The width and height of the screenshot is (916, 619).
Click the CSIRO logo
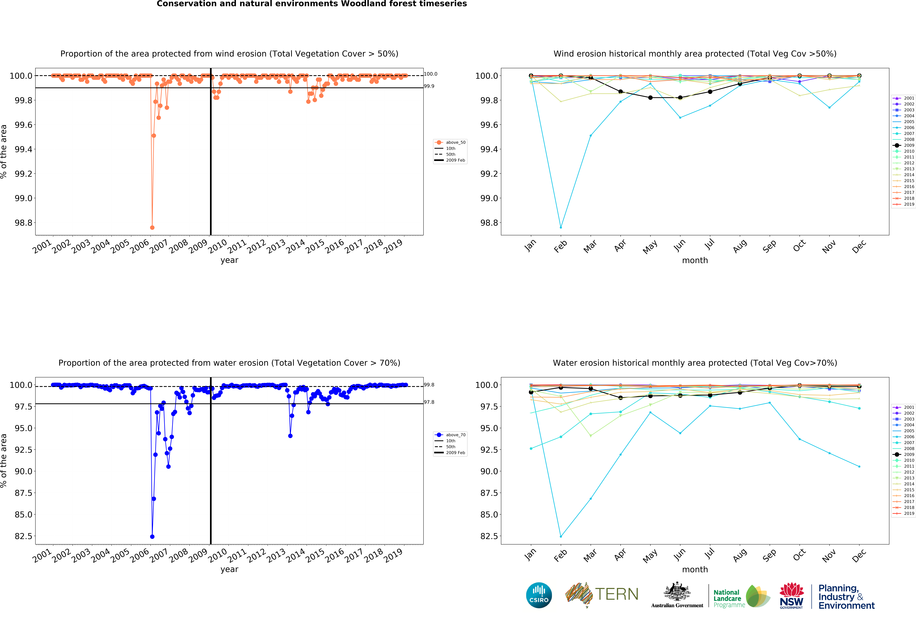539,595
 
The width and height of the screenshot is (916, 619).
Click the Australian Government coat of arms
677,591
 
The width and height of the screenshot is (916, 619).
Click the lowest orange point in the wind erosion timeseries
152,227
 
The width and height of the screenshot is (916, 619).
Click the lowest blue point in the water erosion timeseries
152,537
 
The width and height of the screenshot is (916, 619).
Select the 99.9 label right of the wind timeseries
429,86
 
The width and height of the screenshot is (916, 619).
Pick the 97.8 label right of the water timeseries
429,402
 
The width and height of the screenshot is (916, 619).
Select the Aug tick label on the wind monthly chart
740,245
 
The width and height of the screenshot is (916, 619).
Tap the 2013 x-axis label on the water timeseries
276,555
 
